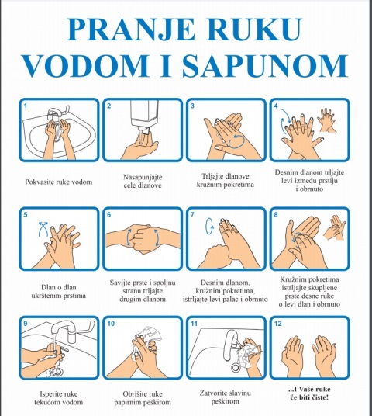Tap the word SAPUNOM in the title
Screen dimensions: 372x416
(265, 65)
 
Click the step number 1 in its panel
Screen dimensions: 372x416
(26, 106)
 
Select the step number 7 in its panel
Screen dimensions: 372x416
(193, 215)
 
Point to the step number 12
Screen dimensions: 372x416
(278, 324)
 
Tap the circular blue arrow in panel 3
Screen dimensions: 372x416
(237, 140)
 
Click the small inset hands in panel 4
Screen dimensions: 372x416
(328, 120)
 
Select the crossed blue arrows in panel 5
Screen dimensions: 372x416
(43, 228)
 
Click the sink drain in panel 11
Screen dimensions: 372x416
(236, 368)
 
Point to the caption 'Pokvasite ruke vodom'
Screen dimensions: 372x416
(59, 182)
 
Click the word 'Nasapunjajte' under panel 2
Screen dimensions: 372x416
(143, 177)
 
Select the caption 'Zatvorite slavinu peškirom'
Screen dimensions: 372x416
(225, 397)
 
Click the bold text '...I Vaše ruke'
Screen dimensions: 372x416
(309, 389)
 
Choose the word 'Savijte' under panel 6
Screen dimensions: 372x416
(120, 283)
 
